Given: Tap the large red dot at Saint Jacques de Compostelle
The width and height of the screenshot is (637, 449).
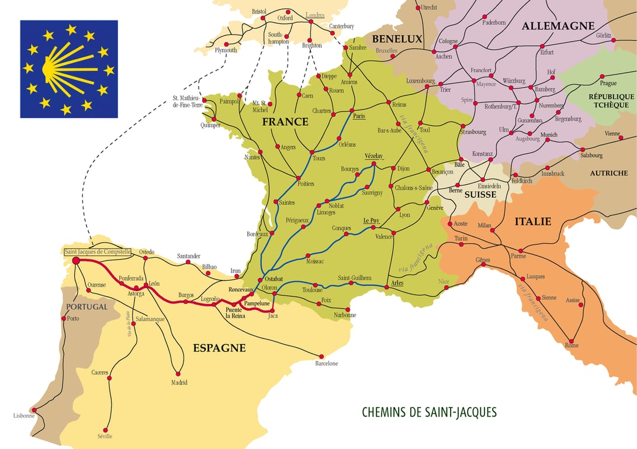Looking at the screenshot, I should click(76, 261).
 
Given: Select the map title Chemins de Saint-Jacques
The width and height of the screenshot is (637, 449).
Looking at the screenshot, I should click(429, 412).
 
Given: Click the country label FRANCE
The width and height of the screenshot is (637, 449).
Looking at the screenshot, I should click(285, 122).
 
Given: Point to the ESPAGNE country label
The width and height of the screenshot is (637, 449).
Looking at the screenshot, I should click(219, 348).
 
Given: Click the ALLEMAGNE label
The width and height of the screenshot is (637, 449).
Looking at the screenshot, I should click(558, 26).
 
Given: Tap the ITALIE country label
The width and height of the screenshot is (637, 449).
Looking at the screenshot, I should click(532, 222).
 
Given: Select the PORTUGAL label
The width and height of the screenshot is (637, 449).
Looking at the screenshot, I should click(86, 307).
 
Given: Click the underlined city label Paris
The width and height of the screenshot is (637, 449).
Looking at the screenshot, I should click(359, 116).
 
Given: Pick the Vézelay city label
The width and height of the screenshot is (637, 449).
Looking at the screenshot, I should click(373, 157).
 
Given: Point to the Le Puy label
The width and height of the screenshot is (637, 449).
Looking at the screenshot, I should click(371, 220).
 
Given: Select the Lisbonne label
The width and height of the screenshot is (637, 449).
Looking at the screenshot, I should click(24, 416).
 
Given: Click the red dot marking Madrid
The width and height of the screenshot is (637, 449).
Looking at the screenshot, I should click(179, 374).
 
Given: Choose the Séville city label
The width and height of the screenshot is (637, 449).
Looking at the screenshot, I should click(105, 436).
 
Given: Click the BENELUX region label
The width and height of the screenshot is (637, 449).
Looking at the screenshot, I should click(397, 39).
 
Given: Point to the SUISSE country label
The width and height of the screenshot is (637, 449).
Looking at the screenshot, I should click(480, 195).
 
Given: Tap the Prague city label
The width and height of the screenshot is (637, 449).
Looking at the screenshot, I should click(608, 83).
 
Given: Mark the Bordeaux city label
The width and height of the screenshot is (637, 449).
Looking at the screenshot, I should click(257, 234).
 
